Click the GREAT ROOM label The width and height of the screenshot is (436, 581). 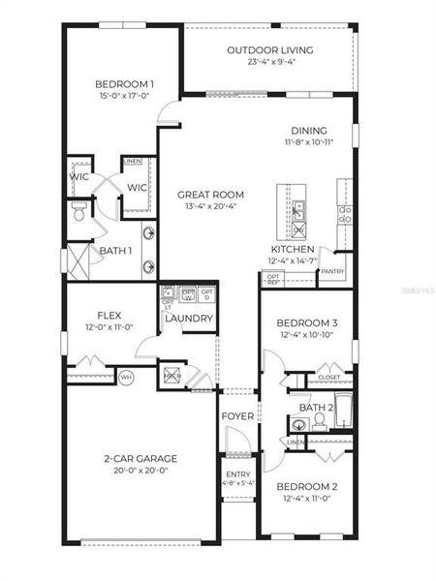click(210, 194)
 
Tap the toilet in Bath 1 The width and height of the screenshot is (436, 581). click(79, 210)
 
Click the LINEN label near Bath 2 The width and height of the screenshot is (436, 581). click(296, 443)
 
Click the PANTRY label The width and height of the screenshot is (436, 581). click(333, 272)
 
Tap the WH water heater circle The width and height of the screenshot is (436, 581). click(125, 376)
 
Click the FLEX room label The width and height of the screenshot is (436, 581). click(109, 316)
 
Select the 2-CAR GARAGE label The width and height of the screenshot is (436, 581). click(140, 458)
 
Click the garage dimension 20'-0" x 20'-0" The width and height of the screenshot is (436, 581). click(140, 471)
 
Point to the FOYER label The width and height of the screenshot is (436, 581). click(237, 415)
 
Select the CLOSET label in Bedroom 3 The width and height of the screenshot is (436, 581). click(329, 377)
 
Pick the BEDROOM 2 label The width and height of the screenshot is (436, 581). click(306, 486)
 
